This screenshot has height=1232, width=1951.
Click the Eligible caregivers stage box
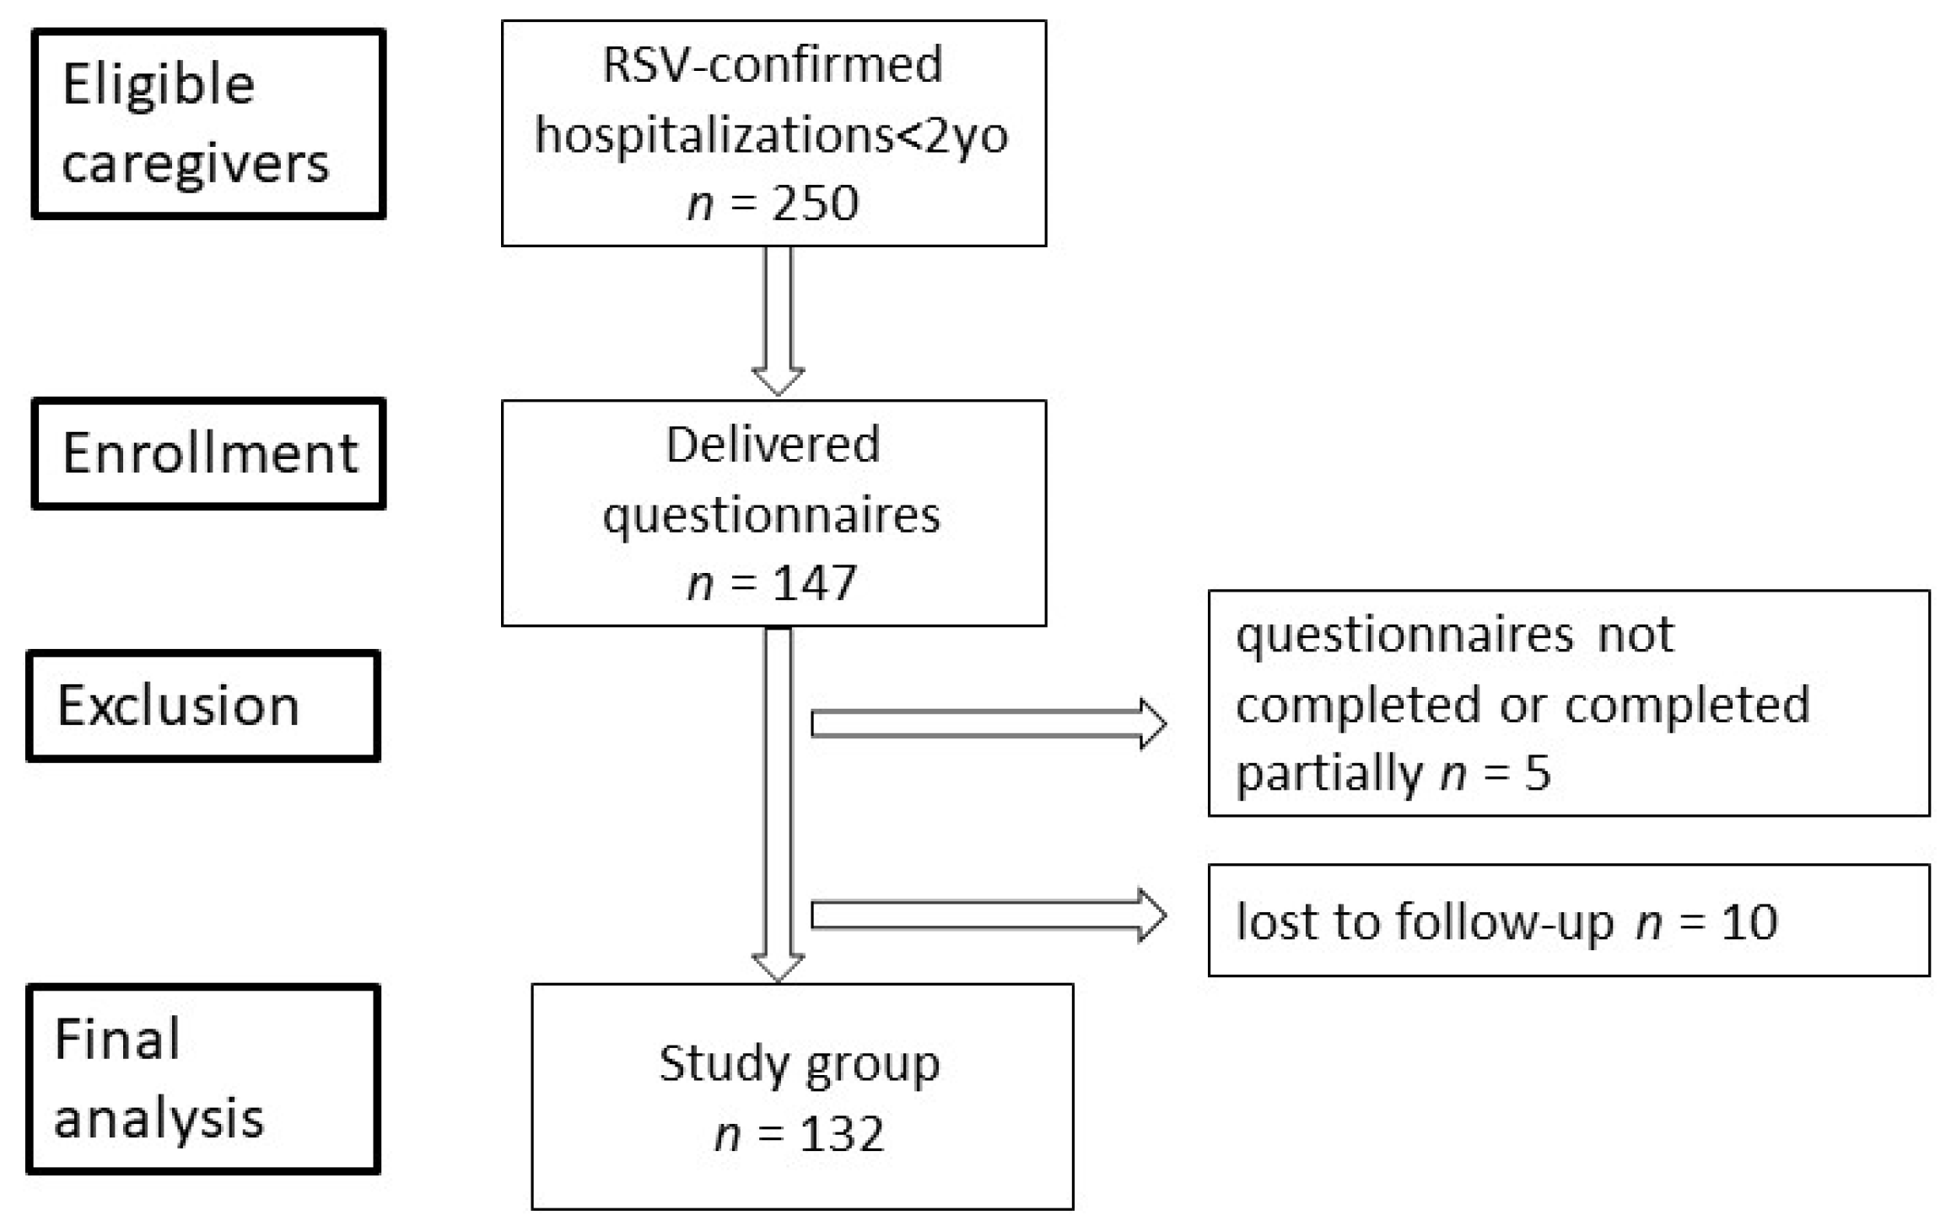coord(208,124)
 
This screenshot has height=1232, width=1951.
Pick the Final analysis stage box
coord(202,1079)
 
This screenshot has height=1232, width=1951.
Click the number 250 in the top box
coord(815,203)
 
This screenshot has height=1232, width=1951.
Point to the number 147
coord(815,583)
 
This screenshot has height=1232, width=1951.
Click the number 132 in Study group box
coord(841,1133)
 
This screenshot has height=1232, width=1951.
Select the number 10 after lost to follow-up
coord(1749,921)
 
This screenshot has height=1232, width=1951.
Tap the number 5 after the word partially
coord(1538,772)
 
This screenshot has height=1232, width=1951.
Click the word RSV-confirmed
coord(773,65)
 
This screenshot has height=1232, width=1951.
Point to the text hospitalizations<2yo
coord(772,135)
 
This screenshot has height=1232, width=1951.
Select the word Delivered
coord(773,445)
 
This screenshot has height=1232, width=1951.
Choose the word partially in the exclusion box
coord(1329,772)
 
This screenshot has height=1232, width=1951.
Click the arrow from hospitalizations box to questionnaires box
coord(778,321)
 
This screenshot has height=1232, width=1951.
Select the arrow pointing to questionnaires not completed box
coord(987,724)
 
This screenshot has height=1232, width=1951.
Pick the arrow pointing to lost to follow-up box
coord(987,916)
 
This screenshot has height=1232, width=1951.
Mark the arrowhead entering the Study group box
coord(778,968)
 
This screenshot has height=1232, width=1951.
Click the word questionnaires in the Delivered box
coord(771,515)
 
